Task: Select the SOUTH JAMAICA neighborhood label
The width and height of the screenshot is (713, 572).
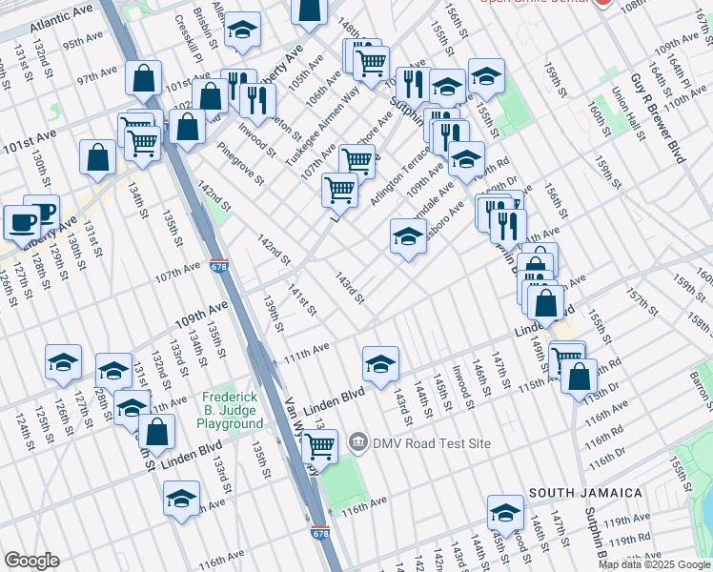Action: (584, 492)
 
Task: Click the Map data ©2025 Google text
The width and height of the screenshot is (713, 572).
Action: (654, 564)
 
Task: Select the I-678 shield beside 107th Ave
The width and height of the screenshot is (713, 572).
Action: (218, 269)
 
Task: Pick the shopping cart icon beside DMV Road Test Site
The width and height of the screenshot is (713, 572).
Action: (319, 444)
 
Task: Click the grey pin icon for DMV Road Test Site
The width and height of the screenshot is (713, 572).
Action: (358, 441)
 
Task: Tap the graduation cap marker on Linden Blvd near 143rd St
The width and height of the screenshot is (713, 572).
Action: (380, 363)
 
